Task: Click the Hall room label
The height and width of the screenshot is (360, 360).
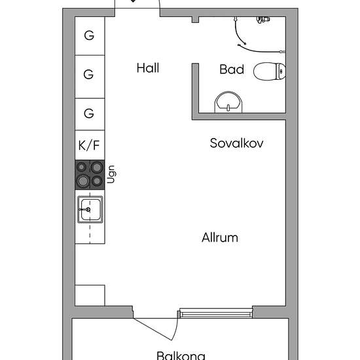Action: [148, 68]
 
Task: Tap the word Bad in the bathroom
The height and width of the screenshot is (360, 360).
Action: [232, 69]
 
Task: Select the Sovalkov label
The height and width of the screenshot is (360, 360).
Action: [236, 143]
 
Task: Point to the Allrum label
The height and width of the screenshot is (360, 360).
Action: [220, 238]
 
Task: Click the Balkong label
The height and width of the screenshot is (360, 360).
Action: [181, 355]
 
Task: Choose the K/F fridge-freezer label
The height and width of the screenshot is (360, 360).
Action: [89, 145]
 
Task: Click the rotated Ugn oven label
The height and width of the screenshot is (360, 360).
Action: [111, 174]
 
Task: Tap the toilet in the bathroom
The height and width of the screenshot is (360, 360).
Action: [270, 71]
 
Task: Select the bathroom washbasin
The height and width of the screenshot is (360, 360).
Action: [228, 102]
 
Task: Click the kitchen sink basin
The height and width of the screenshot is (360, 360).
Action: [90, 209]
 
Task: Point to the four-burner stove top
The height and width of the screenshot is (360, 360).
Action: [90, 175]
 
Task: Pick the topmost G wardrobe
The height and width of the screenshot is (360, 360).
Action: [90, 36]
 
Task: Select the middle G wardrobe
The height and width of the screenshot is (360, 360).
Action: [90, 77]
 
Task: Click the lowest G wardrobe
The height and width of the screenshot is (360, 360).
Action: [90, 114]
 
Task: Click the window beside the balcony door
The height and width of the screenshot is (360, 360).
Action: [216, 313]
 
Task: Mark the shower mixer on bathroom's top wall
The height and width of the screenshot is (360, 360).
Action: [263, 19]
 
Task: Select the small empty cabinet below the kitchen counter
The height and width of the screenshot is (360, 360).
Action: [90, 295]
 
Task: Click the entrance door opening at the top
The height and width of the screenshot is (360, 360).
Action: [137, 9]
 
